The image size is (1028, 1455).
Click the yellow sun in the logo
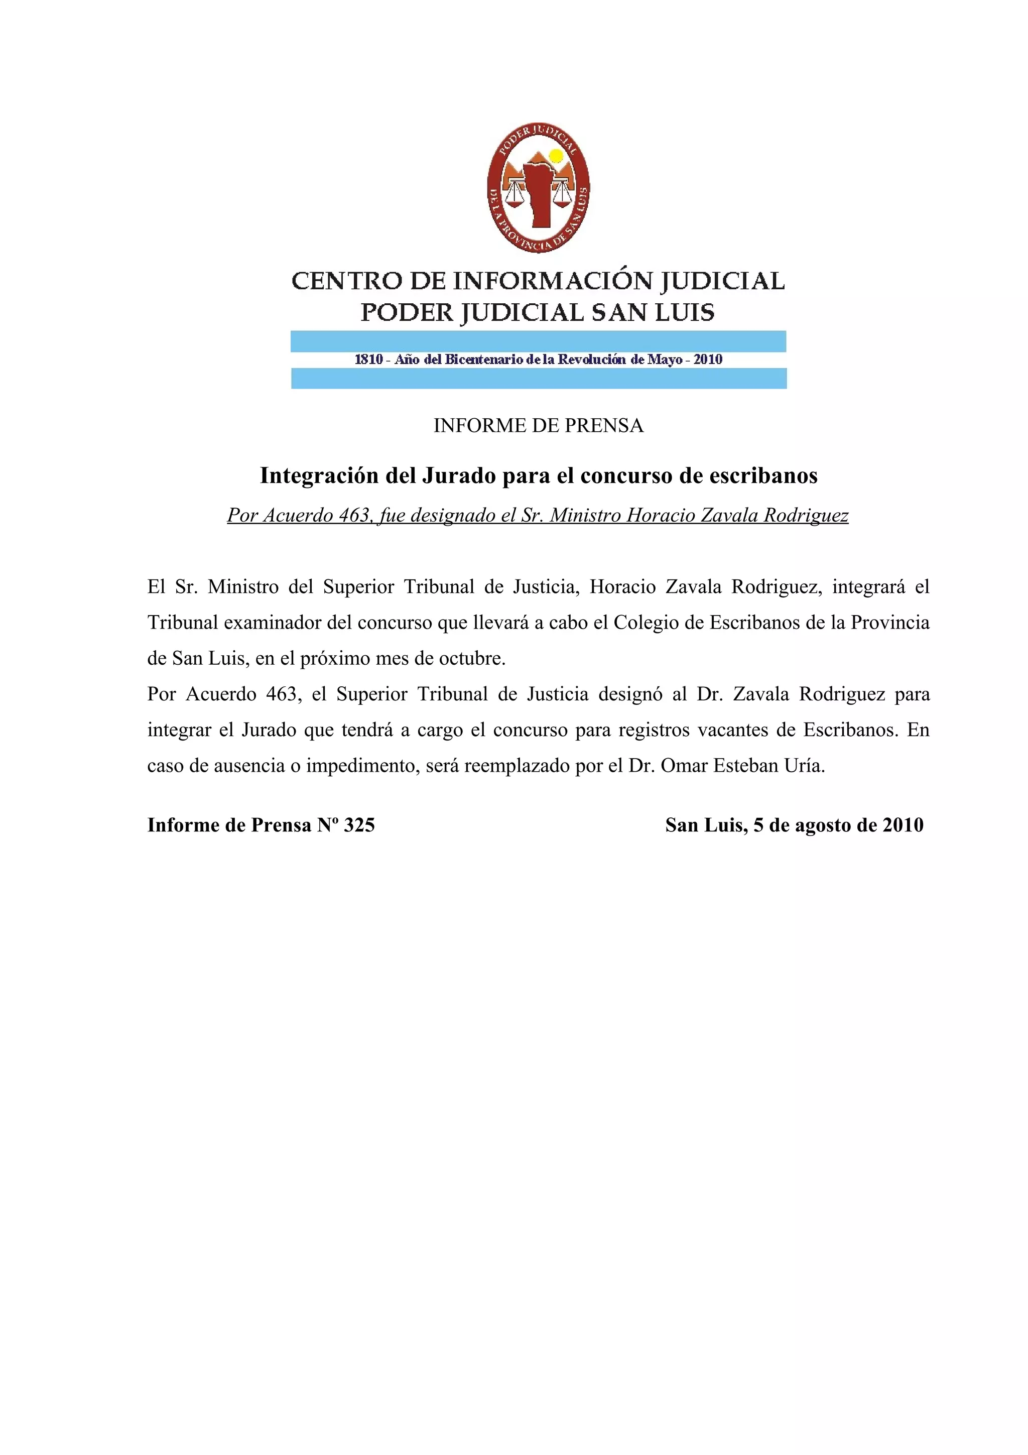click(556, 155)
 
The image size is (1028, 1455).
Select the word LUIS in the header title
click(687, 312)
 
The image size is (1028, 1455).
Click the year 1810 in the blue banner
click(368, 359)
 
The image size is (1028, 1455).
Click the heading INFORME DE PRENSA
click(539, 426)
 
